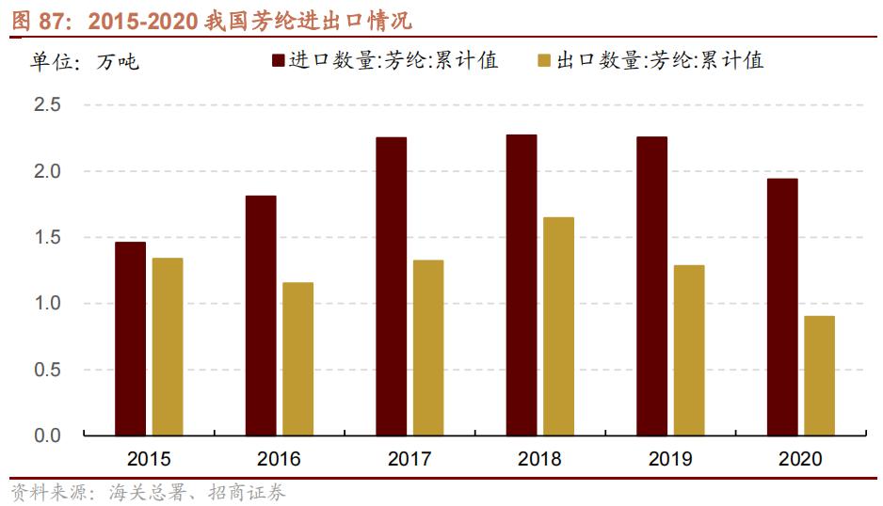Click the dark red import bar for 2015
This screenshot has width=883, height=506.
(x=130, y=339)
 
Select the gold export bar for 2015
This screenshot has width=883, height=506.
(x=168, y=346)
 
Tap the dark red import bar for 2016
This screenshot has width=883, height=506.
(x=261, y=315)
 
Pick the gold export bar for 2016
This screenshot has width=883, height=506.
(x=297, y=358)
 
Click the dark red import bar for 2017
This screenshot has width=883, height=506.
(x=391, y=286)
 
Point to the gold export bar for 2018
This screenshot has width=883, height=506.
(x=558, y=326)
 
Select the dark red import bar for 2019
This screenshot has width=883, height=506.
(x=651, y=286)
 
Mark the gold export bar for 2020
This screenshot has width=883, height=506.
(x=819, y=375)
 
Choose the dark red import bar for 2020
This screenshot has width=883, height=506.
(x=782, y=307)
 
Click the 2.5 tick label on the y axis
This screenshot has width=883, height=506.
(x=47, y=105)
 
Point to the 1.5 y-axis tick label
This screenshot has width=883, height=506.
(x=47, y=238)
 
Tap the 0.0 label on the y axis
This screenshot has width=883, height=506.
(x=47, y=435)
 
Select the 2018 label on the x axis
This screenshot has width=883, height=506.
(x=539, y=460)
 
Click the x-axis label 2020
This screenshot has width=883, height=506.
(x=800, y=460)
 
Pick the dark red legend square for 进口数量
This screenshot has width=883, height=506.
(x=279, y=62)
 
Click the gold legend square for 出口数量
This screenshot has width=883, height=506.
(x=543, y=62)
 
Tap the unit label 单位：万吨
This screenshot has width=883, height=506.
(x=84, y=62)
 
